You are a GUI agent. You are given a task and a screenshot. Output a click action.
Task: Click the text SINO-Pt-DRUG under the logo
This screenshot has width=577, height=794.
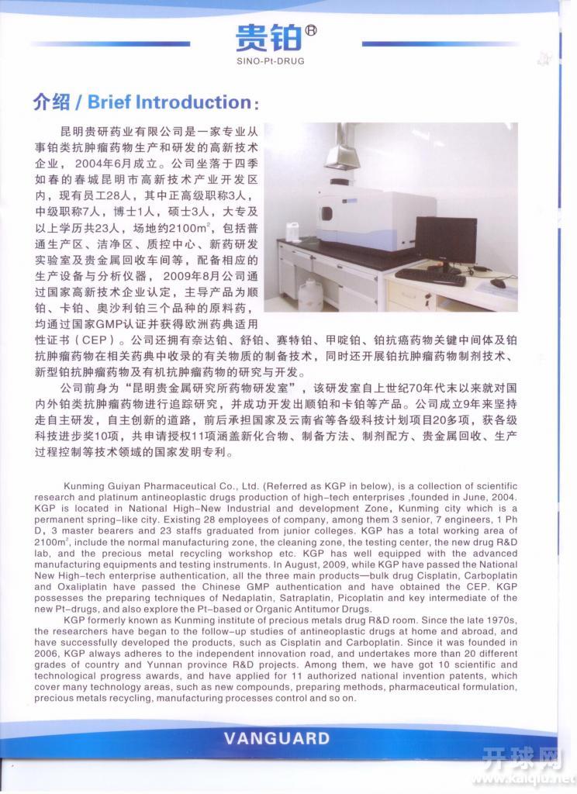(277, 59)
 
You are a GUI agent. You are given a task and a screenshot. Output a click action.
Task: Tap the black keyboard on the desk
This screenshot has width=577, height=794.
(430, 276)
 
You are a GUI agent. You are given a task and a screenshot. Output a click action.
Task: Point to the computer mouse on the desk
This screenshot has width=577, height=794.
(496, 282)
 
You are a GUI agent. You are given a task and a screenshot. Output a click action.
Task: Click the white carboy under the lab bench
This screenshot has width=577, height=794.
(312, 295)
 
